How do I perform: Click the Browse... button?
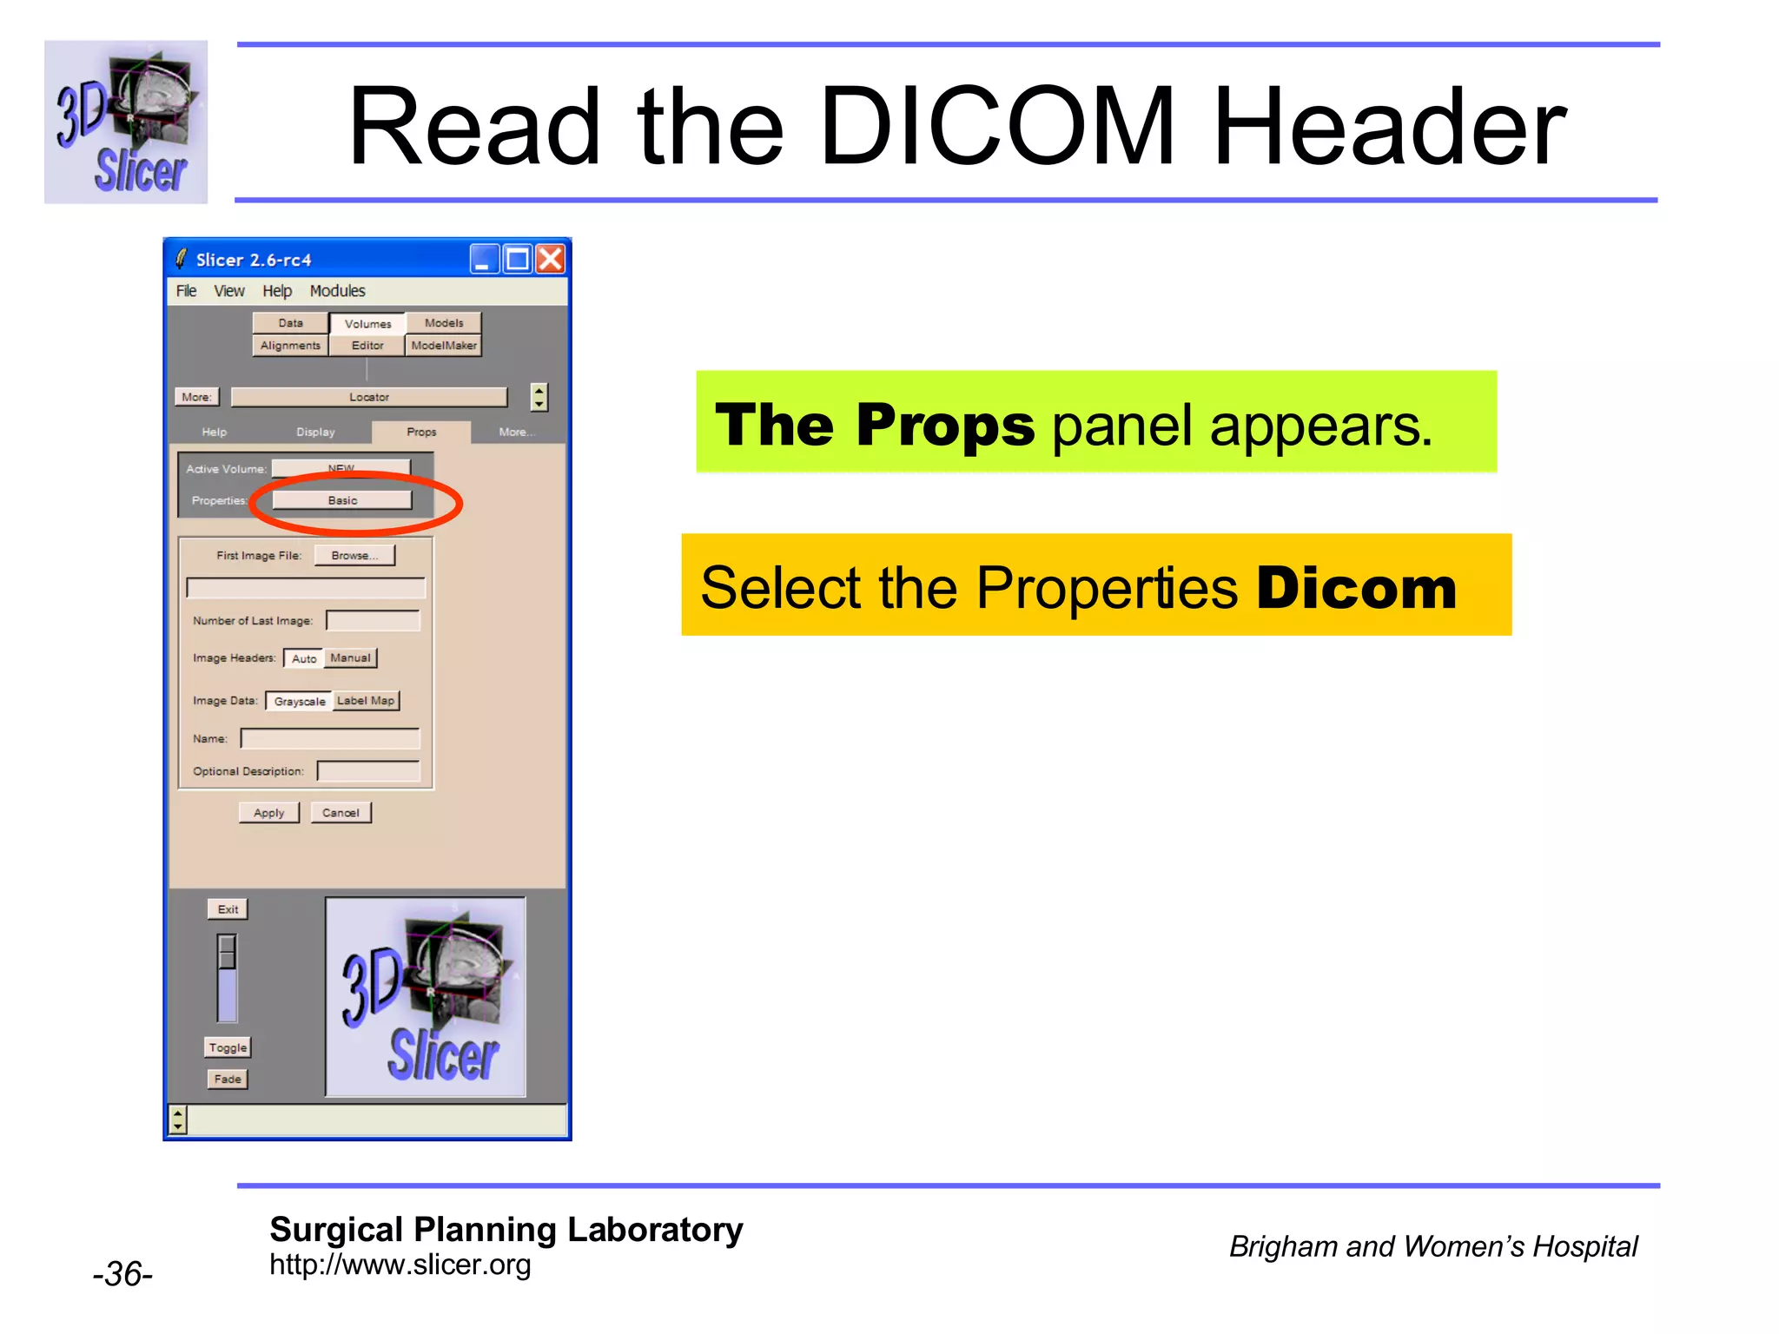point(354,556)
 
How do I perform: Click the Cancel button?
point(341,813)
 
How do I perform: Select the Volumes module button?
point(367,324)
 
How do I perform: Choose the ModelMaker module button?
point(444,346)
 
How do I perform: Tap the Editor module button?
point(367,346)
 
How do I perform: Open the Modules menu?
point(337,291)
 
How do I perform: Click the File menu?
point(186,291)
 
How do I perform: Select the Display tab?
point(315,432)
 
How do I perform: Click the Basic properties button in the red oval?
point(342,500)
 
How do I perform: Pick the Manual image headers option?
point(350,658)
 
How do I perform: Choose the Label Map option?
point(366,701)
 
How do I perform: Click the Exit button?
point(228,909)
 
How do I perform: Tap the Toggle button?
point(228,1047)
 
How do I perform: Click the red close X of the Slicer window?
point(551,259)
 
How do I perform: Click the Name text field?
point(330,739)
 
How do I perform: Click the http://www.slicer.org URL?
point(400,1265)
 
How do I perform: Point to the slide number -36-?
point(122,1274)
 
